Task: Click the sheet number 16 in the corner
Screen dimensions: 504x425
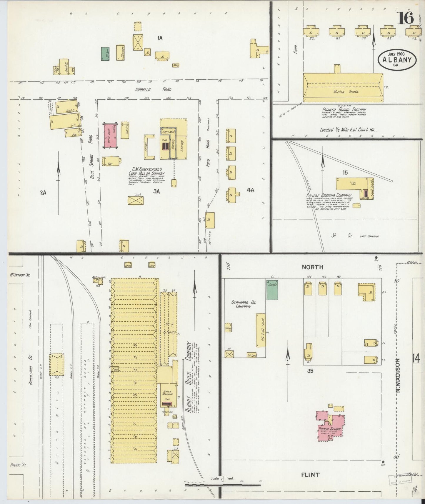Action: click(x=406, y=18)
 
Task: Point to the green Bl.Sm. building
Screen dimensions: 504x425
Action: click(x=105, y=54)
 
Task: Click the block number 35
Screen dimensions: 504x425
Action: click(x=310, y=371)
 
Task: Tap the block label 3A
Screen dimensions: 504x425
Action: click(x=156, y=191)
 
